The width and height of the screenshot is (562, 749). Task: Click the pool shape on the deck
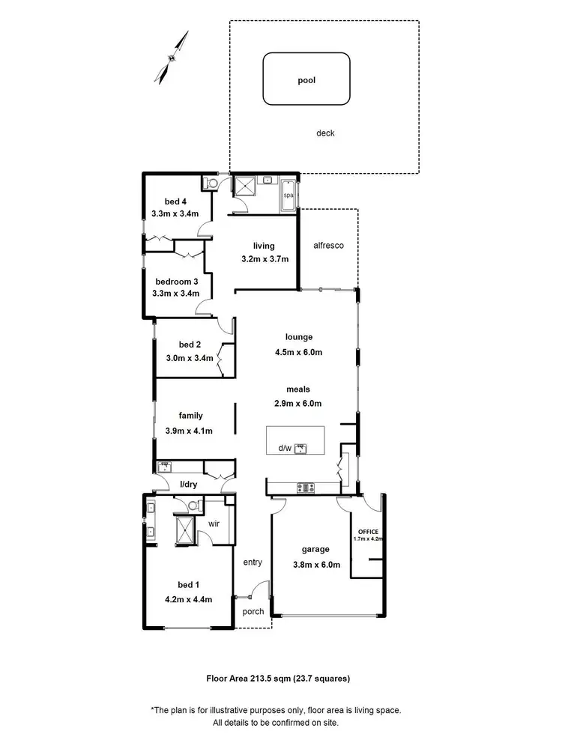[306, 78]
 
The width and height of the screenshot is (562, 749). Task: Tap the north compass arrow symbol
[170, 58]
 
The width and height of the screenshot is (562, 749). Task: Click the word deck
[324, 133]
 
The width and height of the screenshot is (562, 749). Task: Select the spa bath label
[288, 196]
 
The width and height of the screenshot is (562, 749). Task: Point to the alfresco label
[328, 246]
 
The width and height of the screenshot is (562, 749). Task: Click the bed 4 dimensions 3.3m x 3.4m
[175, 213]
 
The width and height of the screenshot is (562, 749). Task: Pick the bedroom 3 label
[176, 281]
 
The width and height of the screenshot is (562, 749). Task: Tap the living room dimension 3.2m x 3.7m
[265, 259]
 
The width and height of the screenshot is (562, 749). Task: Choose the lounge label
[298, 337]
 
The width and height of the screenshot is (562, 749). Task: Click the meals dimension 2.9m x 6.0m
[297, 404]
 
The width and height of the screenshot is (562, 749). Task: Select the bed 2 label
[190, 345]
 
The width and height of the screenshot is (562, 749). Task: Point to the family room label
[190, 416]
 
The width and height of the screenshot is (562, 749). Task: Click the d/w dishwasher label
[285, 449]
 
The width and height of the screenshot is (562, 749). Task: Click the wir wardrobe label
[213, 523]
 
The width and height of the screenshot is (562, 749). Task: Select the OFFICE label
[367, 531]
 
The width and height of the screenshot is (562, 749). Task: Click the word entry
[253, 562]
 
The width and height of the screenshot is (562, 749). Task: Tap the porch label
[254, 611]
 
